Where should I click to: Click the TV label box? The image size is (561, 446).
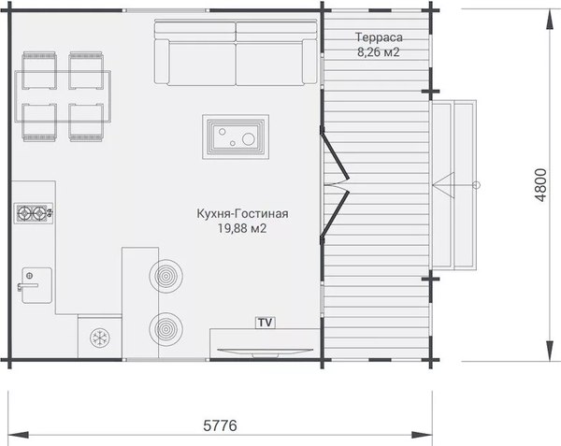(266, 323)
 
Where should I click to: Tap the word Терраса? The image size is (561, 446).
(379, 37)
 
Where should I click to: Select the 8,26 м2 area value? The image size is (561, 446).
(378, 52)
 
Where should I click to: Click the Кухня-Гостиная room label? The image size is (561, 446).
(242, 213)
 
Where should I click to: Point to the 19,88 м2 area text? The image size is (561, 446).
(242, 228)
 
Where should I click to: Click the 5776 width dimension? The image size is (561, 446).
(220, 425)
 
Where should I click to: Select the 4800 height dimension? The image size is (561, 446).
(541, 185)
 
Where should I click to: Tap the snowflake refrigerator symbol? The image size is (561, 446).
(99, 338)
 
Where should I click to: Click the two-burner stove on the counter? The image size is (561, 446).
(34, 213)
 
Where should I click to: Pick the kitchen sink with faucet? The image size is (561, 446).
(36, 285)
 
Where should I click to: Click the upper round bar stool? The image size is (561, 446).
(166, 276)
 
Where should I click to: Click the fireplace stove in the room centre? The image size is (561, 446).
(236, 137)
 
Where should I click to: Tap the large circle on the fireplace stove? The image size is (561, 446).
(248, 138)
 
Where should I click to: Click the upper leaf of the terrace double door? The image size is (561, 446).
(335, 153)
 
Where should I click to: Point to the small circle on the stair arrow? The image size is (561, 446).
(476, 185)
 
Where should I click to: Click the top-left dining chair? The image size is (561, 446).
(39, 70)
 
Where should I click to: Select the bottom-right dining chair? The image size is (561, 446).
(86, 122)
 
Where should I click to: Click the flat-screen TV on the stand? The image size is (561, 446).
(266, 352)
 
